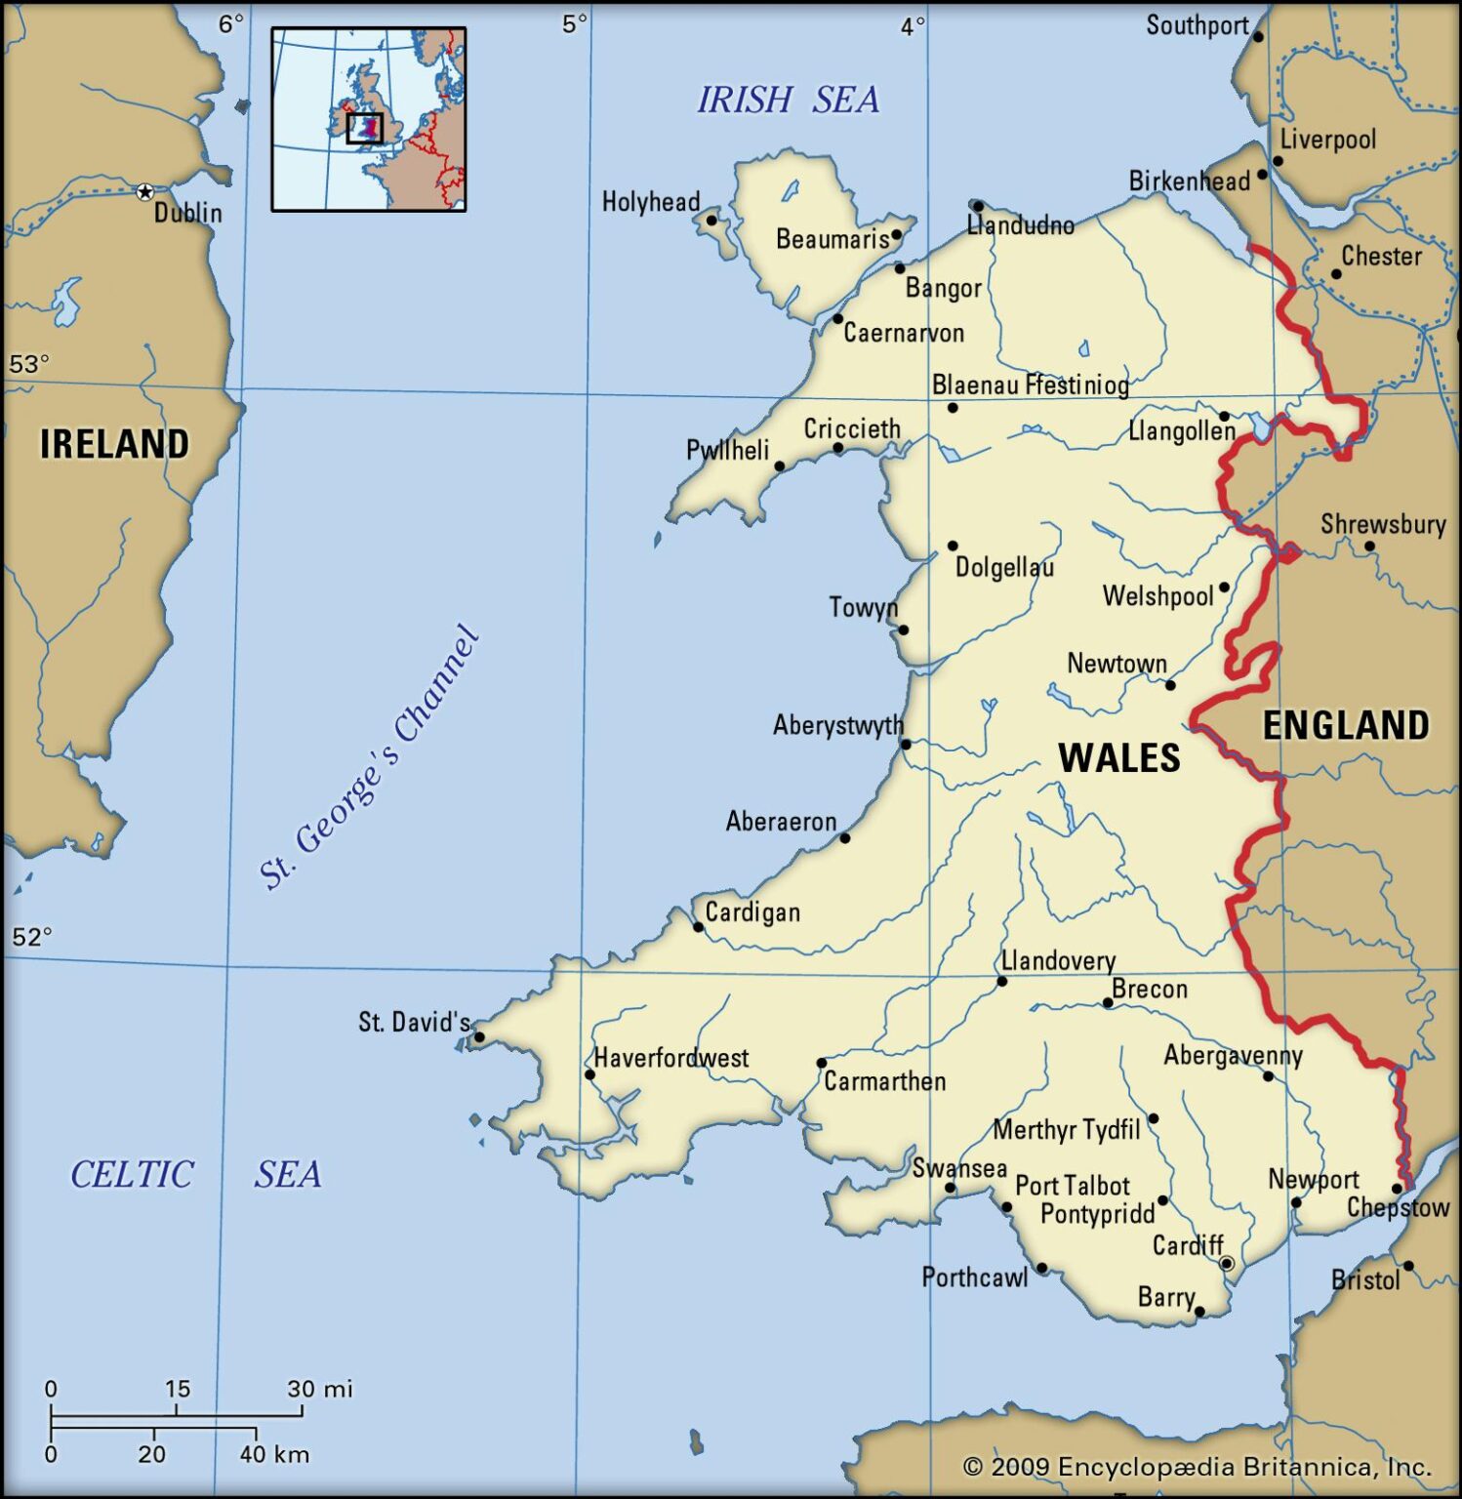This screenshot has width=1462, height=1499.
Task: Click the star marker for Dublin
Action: [x=144, y=192]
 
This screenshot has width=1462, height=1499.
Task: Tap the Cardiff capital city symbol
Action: [x=1227, y=1264]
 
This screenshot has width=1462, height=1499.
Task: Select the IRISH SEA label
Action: [x=788, y=100]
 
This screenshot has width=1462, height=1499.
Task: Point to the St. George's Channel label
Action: [x=370, y=757]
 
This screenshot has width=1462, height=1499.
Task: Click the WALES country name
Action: [x=1118, y=758]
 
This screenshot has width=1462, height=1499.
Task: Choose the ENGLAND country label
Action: [x=1345, y=726]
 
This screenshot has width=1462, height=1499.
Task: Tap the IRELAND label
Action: [x=114, y=444]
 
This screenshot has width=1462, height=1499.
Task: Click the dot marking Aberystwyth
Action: [x=906, y=745]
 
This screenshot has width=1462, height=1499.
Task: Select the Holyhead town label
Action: [x=650, y=202]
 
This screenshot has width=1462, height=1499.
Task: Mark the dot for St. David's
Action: [x=479, y=1037]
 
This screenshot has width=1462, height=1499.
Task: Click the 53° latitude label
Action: [x=29, y=364]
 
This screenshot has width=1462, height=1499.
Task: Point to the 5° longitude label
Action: [x=575, y=24]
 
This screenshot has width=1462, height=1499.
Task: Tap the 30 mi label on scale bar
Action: [x=319, y=1389]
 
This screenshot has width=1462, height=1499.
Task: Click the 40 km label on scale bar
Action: [x=274, y=1454]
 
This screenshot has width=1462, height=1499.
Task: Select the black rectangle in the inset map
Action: [x=364, y=128]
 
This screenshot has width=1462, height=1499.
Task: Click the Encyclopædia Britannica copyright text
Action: [x=1197, y=1467]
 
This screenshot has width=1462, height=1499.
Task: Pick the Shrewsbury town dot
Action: [x=1369, y=547]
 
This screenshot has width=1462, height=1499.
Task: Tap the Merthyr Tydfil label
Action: [x=1066, y=1130]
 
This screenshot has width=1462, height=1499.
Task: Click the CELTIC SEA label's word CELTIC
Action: [x=132, y=1174]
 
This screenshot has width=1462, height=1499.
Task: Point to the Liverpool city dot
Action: [x=1279, y=161]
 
